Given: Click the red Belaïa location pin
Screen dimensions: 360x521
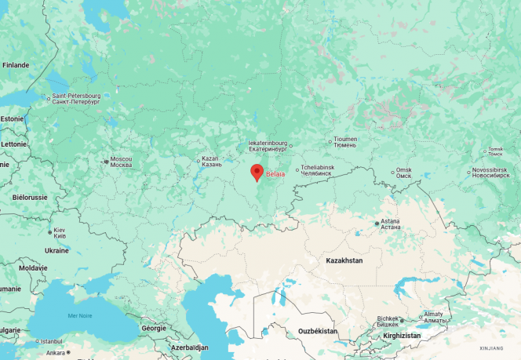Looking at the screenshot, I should click(x=256, y=173).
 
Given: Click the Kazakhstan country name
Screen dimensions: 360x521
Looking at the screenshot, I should click(x=344, y=260).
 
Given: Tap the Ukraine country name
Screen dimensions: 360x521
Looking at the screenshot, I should click(x=56, y=250).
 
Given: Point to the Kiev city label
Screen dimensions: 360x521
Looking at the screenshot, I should click(x=59, y=233).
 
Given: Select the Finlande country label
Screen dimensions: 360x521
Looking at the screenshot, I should click(x=16, y=65).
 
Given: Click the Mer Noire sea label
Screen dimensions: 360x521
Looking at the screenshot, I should click(x=80, y=315).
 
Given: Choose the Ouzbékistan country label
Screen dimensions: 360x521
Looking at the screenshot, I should click(x=318, y=332).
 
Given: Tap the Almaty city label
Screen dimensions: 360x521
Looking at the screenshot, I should click(x=434, y=317).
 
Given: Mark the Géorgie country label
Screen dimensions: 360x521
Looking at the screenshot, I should click(x=153, y=329).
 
